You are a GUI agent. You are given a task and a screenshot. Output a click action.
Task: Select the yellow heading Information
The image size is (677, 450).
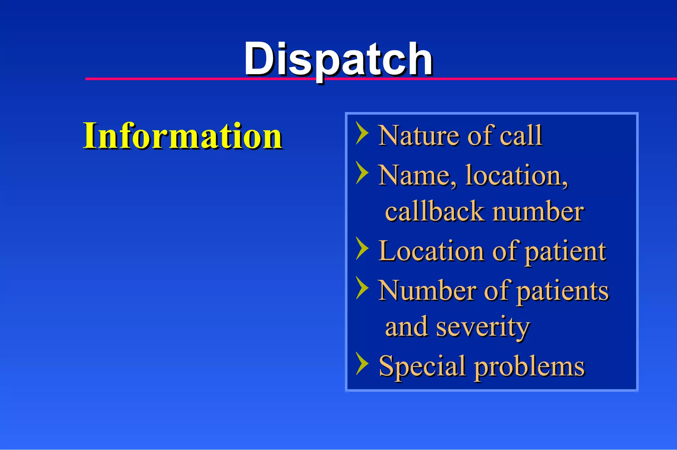point(182,136)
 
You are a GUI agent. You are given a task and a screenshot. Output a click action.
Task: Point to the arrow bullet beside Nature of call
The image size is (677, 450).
point(362,133)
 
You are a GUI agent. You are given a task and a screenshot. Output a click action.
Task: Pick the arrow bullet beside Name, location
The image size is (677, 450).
point(362,173)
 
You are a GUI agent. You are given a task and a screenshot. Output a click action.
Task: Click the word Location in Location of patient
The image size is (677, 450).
point(431,251)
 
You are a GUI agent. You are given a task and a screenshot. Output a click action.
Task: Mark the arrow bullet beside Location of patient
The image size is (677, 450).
point(362,248)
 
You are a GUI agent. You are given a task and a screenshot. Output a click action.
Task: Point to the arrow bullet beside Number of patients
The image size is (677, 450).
point(362,288)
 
